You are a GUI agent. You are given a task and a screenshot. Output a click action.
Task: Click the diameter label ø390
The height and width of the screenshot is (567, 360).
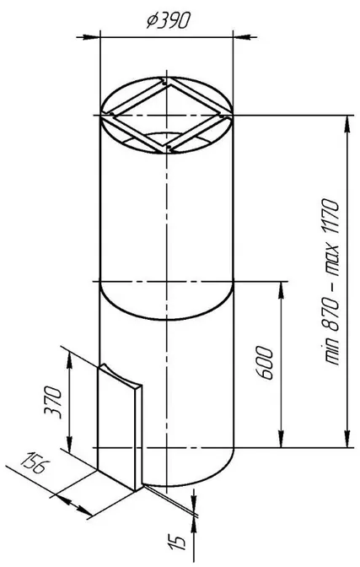pos(167,21)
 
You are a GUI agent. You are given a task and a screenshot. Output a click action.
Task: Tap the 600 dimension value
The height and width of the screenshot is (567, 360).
pos(264,363)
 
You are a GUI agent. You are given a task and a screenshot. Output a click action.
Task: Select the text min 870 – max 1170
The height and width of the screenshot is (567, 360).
pos(331,282)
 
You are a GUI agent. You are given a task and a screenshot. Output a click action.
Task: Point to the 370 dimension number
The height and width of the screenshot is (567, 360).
pos(52,402)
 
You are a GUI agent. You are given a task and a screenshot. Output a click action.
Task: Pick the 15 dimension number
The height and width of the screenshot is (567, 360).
pos(177,541)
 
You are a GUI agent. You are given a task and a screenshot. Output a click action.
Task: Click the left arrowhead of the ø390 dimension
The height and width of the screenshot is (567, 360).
pos(91,37)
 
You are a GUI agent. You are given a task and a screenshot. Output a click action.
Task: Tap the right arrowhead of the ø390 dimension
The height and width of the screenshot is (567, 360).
pos(242,37)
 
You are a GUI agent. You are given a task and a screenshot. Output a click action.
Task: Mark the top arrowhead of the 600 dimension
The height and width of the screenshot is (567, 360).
pos(281,290)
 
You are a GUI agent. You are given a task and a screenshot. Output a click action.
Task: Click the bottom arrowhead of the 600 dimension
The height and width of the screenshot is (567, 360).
pos(281,439)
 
